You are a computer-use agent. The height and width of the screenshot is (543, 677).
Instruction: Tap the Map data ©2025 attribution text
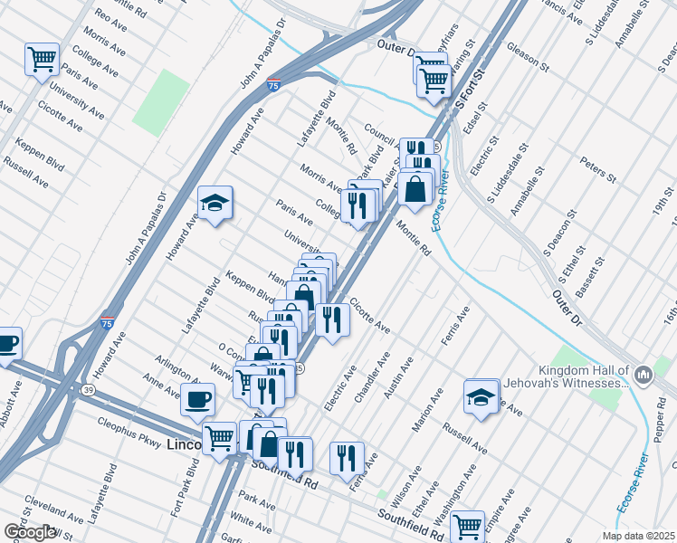click(x=639, y=536)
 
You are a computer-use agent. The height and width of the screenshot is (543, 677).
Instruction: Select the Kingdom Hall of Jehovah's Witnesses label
click(x=583, y=376)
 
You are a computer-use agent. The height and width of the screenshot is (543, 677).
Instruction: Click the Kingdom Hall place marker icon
click(x=643, y=374)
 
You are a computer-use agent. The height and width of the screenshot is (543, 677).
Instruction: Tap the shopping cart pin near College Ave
click(x=42, y=61)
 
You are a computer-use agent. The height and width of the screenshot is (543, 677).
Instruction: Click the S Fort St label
click(x=471, y=95)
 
